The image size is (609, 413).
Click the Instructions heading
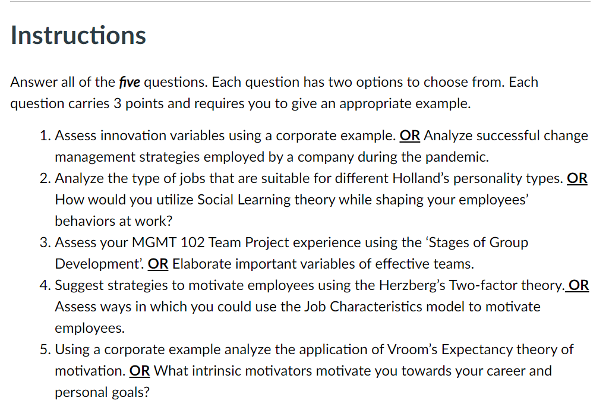pyautogui.click(x=78, y=35)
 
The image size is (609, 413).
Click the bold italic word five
pyautogui.click(x=130, y=82)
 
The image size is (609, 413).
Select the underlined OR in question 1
pyautogui.click(x=410, y=135)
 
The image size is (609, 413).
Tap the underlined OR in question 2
pyautogui.click(x=578, y=178)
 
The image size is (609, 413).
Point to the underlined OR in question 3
pyautogui.click(x=158, y=264)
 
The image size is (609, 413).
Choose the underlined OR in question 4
pyautogui.click(x=579, y=285)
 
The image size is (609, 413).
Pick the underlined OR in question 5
pyautogui.click(x=140, y=371)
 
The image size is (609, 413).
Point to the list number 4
pyautogui.click(x=44, y=285)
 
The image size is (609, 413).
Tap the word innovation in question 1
pyautogui.click(x=129, y=135)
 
